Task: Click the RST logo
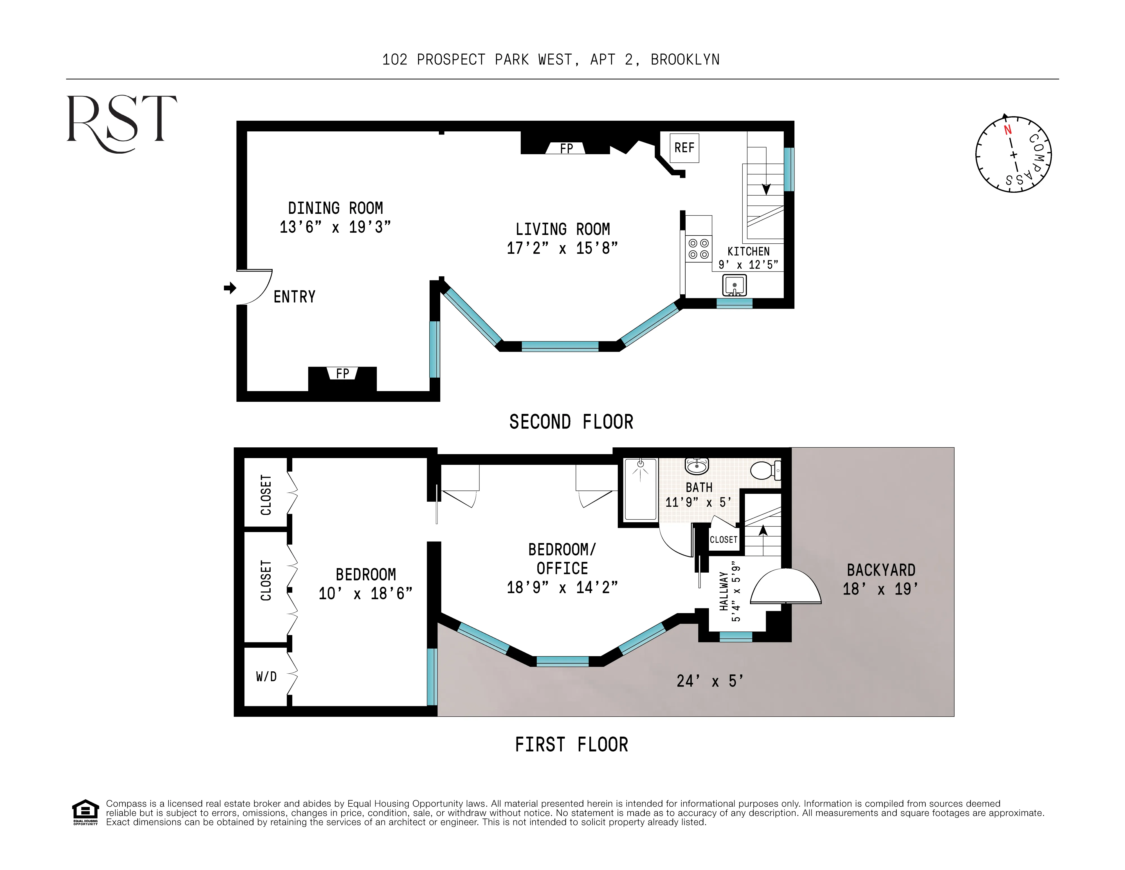(122, 123)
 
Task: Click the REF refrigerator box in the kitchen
(684, 148)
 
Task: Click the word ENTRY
(294, 297)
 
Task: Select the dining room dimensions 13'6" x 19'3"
(335, 227)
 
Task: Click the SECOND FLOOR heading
(571, 422)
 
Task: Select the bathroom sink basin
(697, 466)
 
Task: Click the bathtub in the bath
(640, 489)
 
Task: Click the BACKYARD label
(881, 570)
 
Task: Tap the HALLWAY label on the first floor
(724, 591)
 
